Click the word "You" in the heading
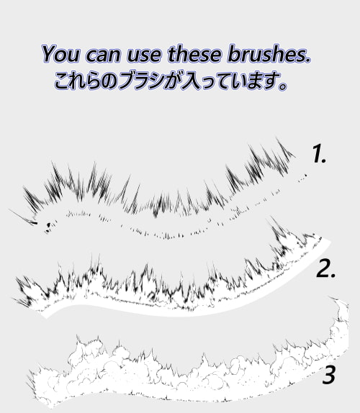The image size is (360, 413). click(x=60, y=54)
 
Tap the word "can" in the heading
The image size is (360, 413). click(x=103, y=55)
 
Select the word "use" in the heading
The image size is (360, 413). click(x=144, y=55)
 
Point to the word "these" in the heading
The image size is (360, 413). click(x=194, y=54)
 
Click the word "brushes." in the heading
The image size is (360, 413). click(x=269, y=54)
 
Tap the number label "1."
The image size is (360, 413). click(x=319, y=153)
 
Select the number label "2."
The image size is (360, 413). click(x=326, y=268)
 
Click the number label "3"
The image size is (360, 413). click(x=328, y=375)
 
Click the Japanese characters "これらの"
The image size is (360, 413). click(x=86, y=81)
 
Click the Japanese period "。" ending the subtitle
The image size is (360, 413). click(x=282, y=86)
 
